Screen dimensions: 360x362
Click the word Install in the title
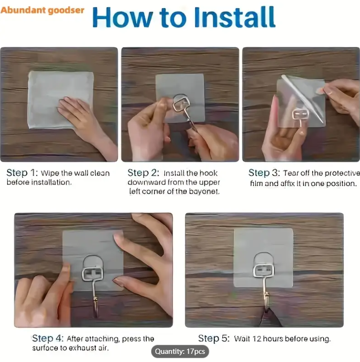[235, 17]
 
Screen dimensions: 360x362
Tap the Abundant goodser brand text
[42, 11]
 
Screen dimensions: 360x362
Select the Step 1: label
[22, 173]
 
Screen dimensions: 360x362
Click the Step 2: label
[143, 173]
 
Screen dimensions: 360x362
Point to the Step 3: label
[264, 173]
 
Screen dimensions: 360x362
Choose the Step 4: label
[47, 338]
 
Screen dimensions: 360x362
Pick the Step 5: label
[214, 338]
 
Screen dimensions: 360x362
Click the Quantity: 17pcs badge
[180, 351]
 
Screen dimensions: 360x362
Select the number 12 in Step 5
[257, 339]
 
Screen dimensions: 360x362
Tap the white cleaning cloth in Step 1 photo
[60, 100]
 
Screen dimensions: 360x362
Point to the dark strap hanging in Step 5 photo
[271, 318]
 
